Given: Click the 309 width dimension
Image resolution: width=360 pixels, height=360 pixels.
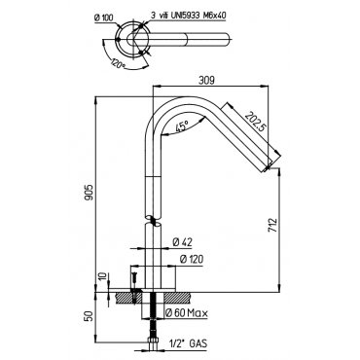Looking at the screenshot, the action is tap(207, 81).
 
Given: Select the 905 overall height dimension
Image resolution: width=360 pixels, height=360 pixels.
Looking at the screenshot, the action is tap(90, 192).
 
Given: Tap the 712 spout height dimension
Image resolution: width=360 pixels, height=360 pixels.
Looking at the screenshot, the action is tap(272, 225).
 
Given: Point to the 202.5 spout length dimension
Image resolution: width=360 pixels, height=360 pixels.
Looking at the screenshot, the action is tap(255, 122).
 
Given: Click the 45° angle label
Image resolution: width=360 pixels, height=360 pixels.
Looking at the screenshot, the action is tap(182, 126).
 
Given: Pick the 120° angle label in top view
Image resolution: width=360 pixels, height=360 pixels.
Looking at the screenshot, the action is tap(118, 63).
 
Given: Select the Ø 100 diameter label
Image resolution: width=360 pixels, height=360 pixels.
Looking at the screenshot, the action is tap(104, 18).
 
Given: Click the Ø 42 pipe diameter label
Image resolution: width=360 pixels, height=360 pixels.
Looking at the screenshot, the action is tap(182, 242).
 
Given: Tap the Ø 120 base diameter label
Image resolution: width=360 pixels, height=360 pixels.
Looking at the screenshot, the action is tap(192, 260).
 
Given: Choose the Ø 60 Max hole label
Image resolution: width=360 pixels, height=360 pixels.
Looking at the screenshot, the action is tap(186, 313).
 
